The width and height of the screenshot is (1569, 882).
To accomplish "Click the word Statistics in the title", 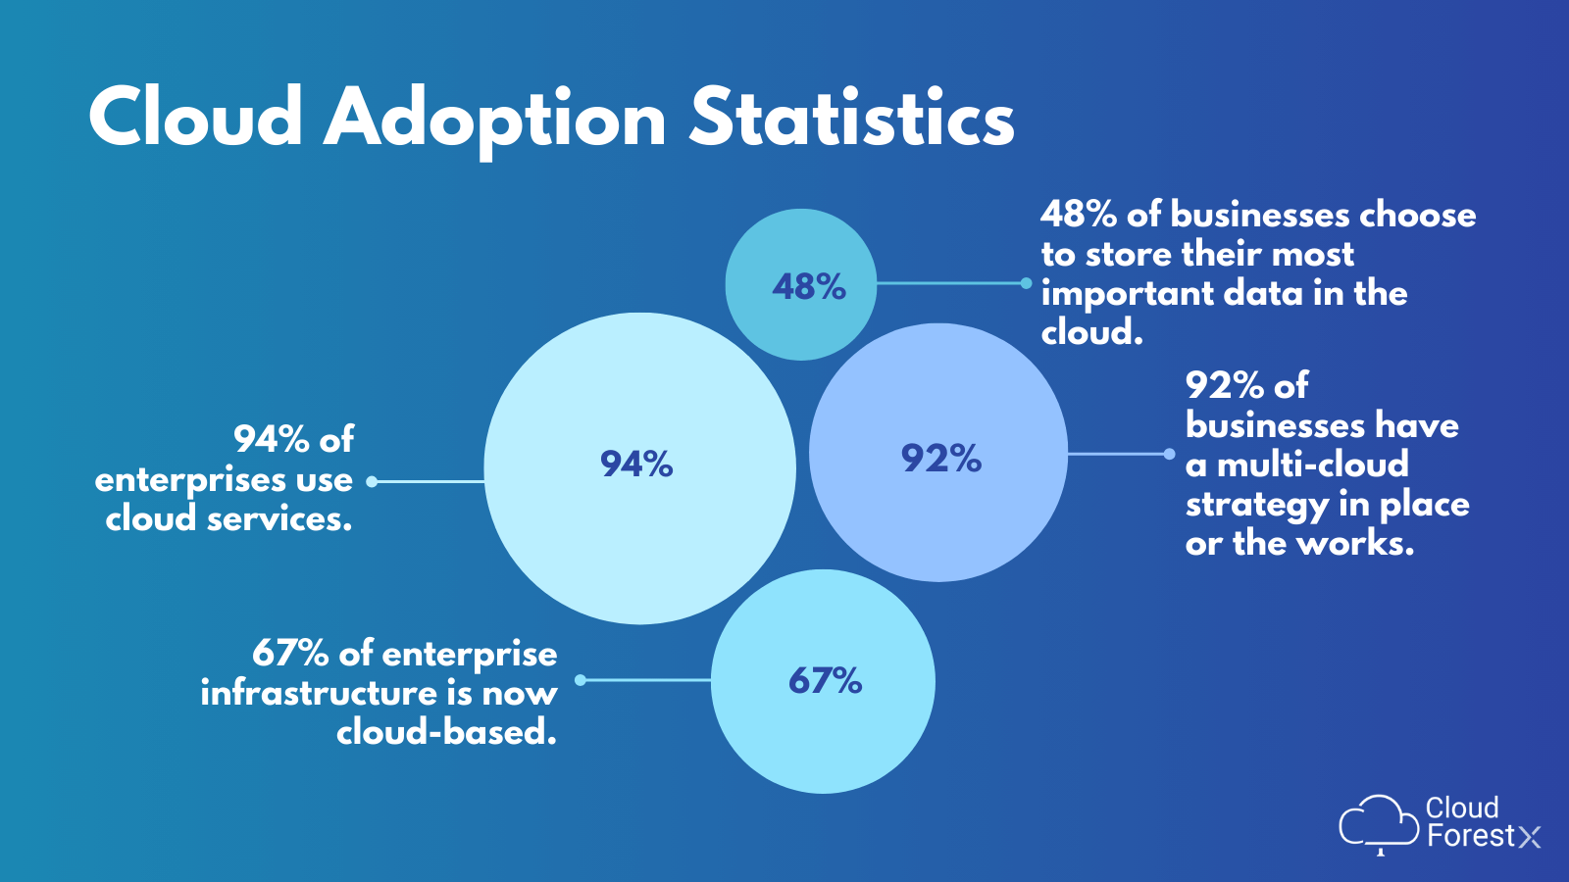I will point(851,118).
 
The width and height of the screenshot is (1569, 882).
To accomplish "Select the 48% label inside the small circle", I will point(808,286).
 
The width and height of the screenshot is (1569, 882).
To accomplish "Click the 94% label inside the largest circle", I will point(636,464).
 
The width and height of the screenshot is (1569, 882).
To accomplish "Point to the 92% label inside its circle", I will point(940,458).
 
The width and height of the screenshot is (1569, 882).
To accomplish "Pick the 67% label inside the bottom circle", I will point(825,680).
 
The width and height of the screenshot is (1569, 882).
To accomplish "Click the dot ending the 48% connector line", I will point(1026,283).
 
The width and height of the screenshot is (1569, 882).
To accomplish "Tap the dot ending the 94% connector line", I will point(372,481).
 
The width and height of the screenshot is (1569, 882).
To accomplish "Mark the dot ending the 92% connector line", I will point(1169,454).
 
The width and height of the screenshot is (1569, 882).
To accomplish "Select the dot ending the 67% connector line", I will point(581,679).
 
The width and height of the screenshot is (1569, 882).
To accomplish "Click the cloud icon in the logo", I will point(1378,821).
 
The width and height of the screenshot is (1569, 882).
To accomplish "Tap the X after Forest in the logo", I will point(1530,837).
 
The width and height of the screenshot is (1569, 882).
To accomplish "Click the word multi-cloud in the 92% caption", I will point(1312,464).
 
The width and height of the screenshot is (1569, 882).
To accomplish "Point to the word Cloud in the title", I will point(195,118).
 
